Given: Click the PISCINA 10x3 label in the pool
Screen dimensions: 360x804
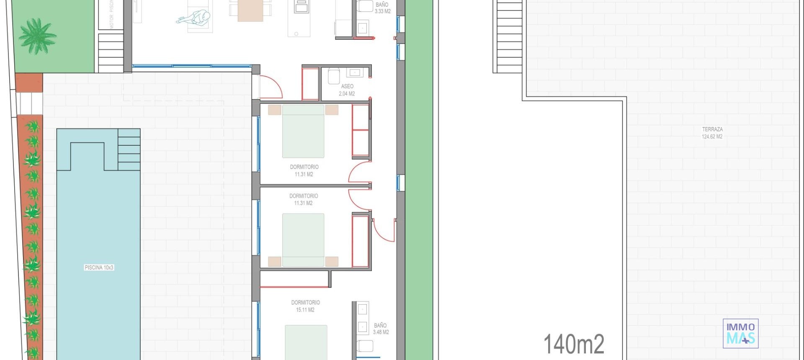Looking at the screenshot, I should [x=99, y=267].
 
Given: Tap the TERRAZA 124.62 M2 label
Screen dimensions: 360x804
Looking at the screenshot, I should [x=712, y=133].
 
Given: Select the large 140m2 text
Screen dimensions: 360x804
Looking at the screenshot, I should [x=574, y=344].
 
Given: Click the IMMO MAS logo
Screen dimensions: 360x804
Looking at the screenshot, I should [x=740, y=334].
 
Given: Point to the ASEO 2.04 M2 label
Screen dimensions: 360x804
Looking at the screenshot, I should [x=347, y=90].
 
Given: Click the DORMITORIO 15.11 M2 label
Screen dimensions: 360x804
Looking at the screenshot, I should [x=305, y=306].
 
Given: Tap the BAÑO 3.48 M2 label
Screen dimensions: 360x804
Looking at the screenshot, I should [x=381, y=329].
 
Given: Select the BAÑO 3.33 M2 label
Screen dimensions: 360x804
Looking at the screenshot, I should [x=382, y=8].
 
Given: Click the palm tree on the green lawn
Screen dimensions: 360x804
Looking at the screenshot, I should [x=37, y=36].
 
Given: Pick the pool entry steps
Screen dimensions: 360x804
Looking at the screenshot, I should [x=129, y=149].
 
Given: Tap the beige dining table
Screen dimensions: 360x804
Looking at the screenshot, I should [x=250, y=10].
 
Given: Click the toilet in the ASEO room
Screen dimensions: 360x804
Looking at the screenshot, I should [x=333, y=76].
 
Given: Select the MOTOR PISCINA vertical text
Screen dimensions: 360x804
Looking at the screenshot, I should [x=111, y=15].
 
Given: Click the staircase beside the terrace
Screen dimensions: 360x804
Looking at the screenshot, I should [x=509, y=36].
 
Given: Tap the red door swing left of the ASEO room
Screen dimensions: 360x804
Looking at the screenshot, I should [x=271, y=87].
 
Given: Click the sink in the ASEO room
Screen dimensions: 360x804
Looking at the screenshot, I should [x=355, y=73].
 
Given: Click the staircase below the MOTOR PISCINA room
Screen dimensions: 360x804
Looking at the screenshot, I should [x=111, y=53].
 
